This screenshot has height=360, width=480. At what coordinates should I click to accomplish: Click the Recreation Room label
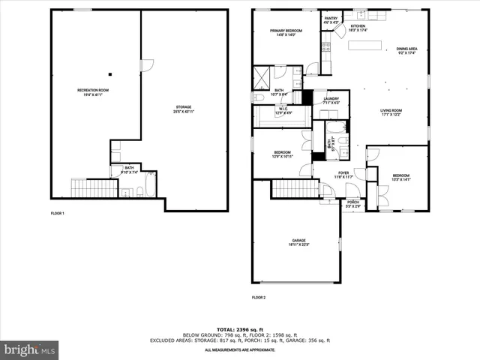point(93,92)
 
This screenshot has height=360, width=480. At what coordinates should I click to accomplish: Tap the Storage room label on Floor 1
point(184,109)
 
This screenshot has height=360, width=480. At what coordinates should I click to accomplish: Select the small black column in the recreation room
point(110,73)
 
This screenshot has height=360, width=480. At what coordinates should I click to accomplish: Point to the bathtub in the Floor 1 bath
point(150,184)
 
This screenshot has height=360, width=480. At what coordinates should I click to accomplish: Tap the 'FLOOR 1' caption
point(58,214)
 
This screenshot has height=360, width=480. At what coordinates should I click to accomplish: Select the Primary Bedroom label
point(285,32)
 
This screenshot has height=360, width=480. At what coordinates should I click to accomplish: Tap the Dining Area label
point(407,51)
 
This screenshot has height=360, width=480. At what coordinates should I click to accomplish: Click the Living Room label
point(390,112)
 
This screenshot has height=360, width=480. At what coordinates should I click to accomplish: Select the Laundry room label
point(331,100)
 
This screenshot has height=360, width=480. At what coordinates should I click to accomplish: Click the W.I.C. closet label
point(283,110)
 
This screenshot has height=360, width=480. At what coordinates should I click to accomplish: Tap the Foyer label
point(343,175)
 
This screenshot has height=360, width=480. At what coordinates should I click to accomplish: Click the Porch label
point(352,202)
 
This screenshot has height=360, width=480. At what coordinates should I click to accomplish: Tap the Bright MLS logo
point(30,349)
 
